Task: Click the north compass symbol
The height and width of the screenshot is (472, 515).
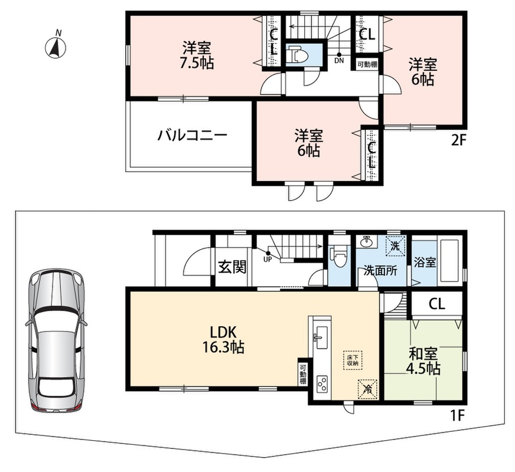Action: click(55, 47)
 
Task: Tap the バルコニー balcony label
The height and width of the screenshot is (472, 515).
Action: click(192, 135)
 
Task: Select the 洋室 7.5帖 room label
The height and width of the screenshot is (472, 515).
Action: click(197, 55)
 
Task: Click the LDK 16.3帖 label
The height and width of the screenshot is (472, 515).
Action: click(223, 340)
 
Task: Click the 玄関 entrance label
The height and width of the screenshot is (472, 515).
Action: click(232, 267)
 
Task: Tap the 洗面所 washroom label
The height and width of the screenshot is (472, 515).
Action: click(381, 271)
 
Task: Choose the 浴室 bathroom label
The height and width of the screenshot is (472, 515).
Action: click(425, 262)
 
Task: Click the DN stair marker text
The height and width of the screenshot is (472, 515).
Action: click(339, 61)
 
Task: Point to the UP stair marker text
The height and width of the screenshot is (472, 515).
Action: click(268, 259)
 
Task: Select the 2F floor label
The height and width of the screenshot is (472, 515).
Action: click(458, 140)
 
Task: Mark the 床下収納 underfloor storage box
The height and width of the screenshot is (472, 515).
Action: click(353, 360)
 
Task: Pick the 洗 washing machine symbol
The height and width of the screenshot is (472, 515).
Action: click(395, 247)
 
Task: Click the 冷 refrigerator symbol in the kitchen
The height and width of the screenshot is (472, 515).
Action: click(367, 389)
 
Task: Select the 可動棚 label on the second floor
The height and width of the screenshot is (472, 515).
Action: click(367, 64)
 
